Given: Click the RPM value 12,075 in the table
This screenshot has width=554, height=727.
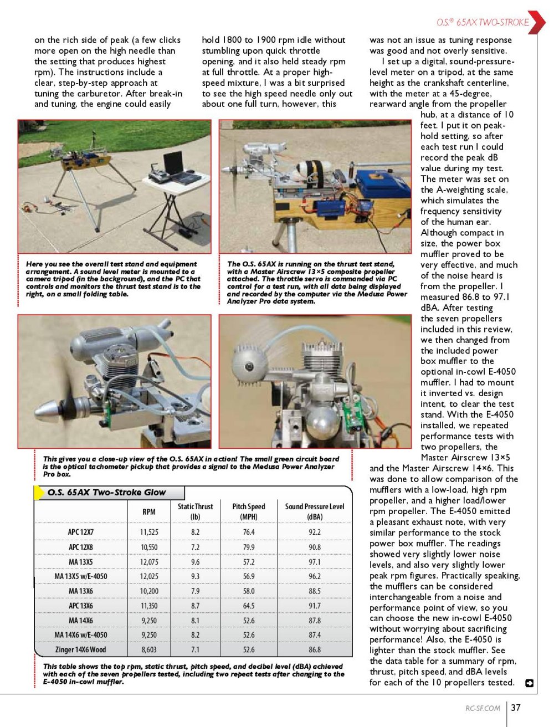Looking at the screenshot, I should tap(149, 562).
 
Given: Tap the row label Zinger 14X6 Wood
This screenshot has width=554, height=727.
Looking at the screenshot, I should tap(81, 649).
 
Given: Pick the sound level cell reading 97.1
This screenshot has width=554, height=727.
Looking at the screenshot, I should tap(315, 562).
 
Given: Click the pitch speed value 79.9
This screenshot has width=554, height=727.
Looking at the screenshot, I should tap(249, 547).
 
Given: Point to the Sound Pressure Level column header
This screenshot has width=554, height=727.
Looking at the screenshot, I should tap(315, 511).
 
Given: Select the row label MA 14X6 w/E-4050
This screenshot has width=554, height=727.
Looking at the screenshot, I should tap(81, 635).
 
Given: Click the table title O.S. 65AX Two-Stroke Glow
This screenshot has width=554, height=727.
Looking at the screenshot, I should tap(106, 492).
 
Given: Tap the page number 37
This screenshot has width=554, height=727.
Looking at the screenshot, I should tap(516, 708).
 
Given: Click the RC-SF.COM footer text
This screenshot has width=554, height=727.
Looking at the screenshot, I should tap(483, 708).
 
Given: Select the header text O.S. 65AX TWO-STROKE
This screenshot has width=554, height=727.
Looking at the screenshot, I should tap(482, 23).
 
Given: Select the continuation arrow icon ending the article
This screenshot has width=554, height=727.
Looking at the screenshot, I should tap(529, 683).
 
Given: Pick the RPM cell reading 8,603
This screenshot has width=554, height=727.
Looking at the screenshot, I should tap(149, 649).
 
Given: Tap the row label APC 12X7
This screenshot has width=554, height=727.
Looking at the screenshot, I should tap(81, 532).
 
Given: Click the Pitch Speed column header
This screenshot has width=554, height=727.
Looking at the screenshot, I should tap(249, 511).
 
